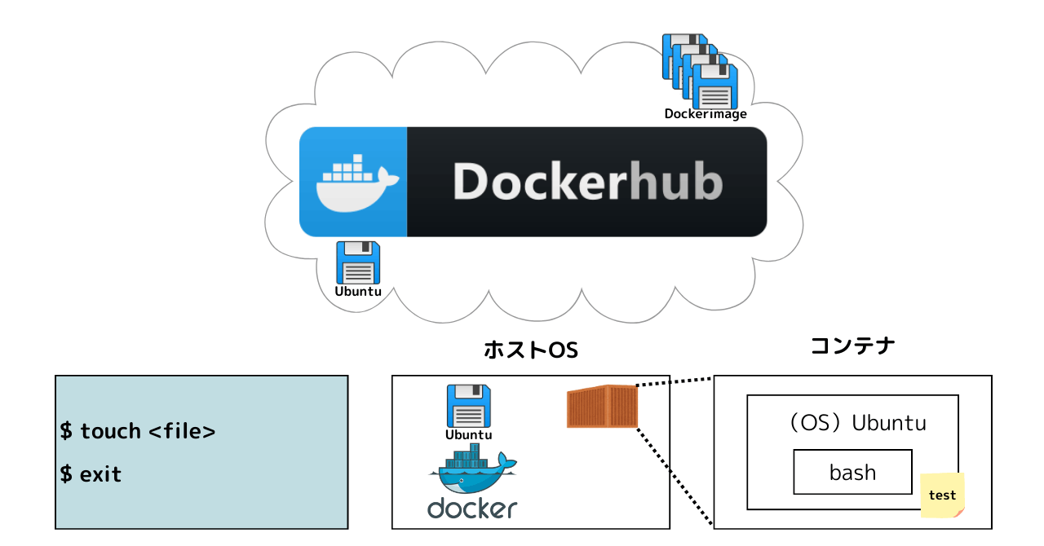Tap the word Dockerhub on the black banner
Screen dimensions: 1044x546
(588, 182)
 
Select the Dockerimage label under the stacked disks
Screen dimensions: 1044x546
(706, 114)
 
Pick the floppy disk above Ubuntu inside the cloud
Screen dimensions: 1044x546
(358, 262)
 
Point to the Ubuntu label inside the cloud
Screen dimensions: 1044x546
(358, 292)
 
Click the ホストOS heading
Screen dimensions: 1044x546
(531, 350)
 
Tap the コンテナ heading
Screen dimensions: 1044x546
(853, 346)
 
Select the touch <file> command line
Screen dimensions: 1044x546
(138, 431)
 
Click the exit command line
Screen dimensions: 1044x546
(91, 474)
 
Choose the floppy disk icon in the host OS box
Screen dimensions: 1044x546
(468, 406)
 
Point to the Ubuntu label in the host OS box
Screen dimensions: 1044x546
(468, 435)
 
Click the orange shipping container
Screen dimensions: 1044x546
(602, 406)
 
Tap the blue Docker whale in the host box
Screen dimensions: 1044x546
(472, 469)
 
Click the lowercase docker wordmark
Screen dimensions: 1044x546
(472, 509)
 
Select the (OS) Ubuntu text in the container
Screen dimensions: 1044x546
(858, 423)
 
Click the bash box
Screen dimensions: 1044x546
(853, 472)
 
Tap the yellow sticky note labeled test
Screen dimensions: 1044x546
(942, 495)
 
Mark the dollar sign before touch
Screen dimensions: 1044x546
(66, 431)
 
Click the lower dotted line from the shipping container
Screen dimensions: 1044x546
(675, 477)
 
